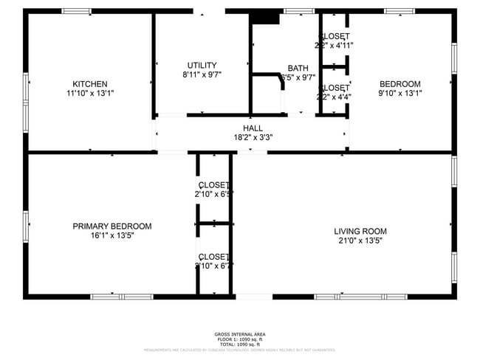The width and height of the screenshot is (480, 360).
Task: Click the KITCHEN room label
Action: coord(90,83)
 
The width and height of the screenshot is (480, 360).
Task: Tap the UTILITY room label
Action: coord(202,65)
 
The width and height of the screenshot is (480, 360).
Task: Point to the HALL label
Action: coord(253,128)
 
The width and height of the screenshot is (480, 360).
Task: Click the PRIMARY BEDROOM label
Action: coord(112,226)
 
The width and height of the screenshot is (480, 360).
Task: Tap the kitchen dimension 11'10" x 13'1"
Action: coord(90,93)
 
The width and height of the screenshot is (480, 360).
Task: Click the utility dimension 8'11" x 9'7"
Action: coord(202,75)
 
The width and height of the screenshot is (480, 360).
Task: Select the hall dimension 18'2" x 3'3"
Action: coord(253,137)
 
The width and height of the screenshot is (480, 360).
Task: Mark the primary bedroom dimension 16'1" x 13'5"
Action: coord(112,236)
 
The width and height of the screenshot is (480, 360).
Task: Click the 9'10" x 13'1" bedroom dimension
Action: coord(400,93)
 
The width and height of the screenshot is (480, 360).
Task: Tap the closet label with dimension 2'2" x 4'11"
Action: coord(334,36)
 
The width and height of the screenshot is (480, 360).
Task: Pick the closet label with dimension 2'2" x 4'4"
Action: coord(334,87)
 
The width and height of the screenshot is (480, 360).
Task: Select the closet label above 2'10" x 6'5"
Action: coord(213,184)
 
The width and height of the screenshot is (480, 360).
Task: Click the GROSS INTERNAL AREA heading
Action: coord(240,334)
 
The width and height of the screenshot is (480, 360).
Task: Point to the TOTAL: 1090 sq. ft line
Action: coord(240,345)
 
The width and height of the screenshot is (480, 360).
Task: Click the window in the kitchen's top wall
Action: coord(76,11)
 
